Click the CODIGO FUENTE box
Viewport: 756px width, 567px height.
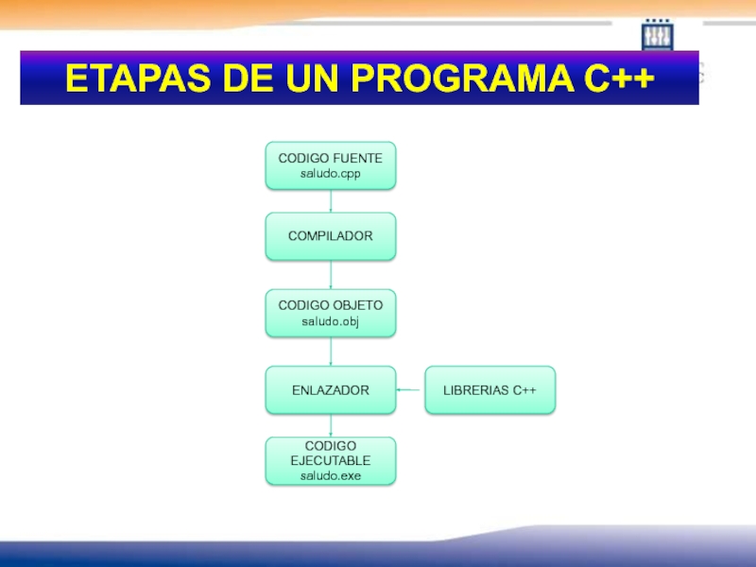coord(330,165)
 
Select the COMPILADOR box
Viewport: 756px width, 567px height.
coord(330,236)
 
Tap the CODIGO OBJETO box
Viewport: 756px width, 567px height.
coord(330,313)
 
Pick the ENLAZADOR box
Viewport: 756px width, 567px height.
coord(330,389)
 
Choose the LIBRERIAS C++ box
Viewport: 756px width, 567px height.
coord(490,389)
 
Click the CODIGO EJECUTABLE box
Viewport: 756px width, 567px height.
coord(330,460)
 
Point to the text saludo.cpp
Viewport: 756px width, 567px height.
coord(330,174)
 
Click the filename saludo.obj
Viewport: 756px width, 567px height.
coord(330,321)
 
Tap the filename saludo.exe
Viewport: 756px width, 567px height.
coord(330,476)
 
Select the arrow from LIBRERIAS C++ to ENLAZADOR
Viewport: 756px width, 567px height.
coord(410,389)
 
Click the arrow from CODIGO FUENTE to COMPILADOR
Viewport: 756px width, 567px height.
coord(330,200)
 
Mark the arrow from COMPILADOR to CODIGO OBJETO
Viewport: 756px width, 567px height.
coord(330,275)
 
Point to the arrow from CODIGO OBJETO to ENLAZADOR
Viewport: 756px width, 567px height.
coord(330,352)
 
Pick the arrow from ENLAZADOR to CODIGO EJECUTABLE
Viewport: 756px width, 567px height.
coord(330,425)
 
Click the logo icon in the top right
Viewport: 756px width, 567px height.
coord(657,35)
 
